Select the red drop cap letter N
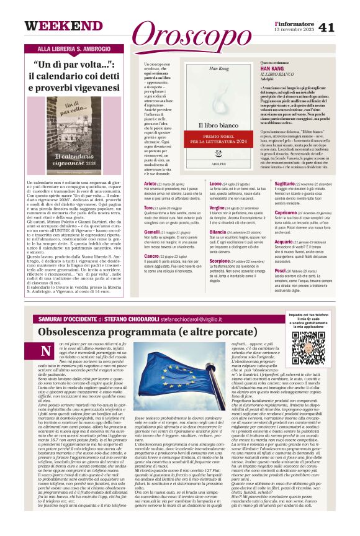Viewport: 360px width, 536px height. [x=46, y=351]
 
